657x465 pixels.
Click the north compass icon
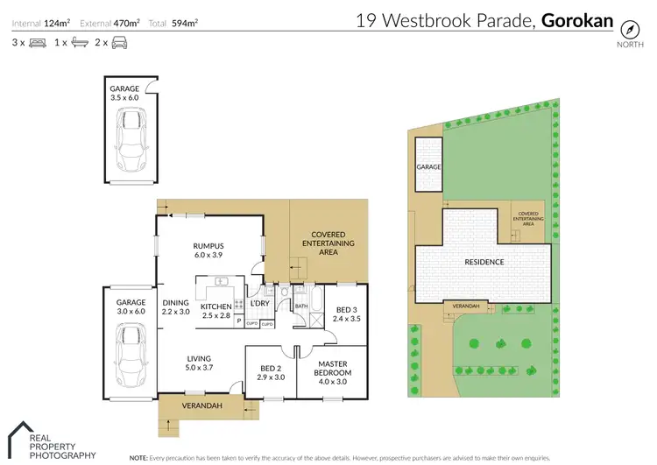(628, 25)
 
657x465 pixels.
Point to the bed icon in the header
(37, 42)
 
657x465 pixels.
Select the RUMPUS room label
(209, 251)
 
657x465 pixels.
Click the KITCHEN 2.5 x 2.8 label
(215, 310)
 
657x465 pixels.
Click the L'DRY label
(258, 303)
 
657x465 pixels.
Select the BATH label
(300, 306)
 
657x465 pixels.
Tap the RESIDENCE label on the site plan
(484, 262)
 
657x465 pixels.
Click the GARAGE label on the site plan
(428, 166)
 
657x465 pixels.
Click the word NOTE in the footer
(138, 458)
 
